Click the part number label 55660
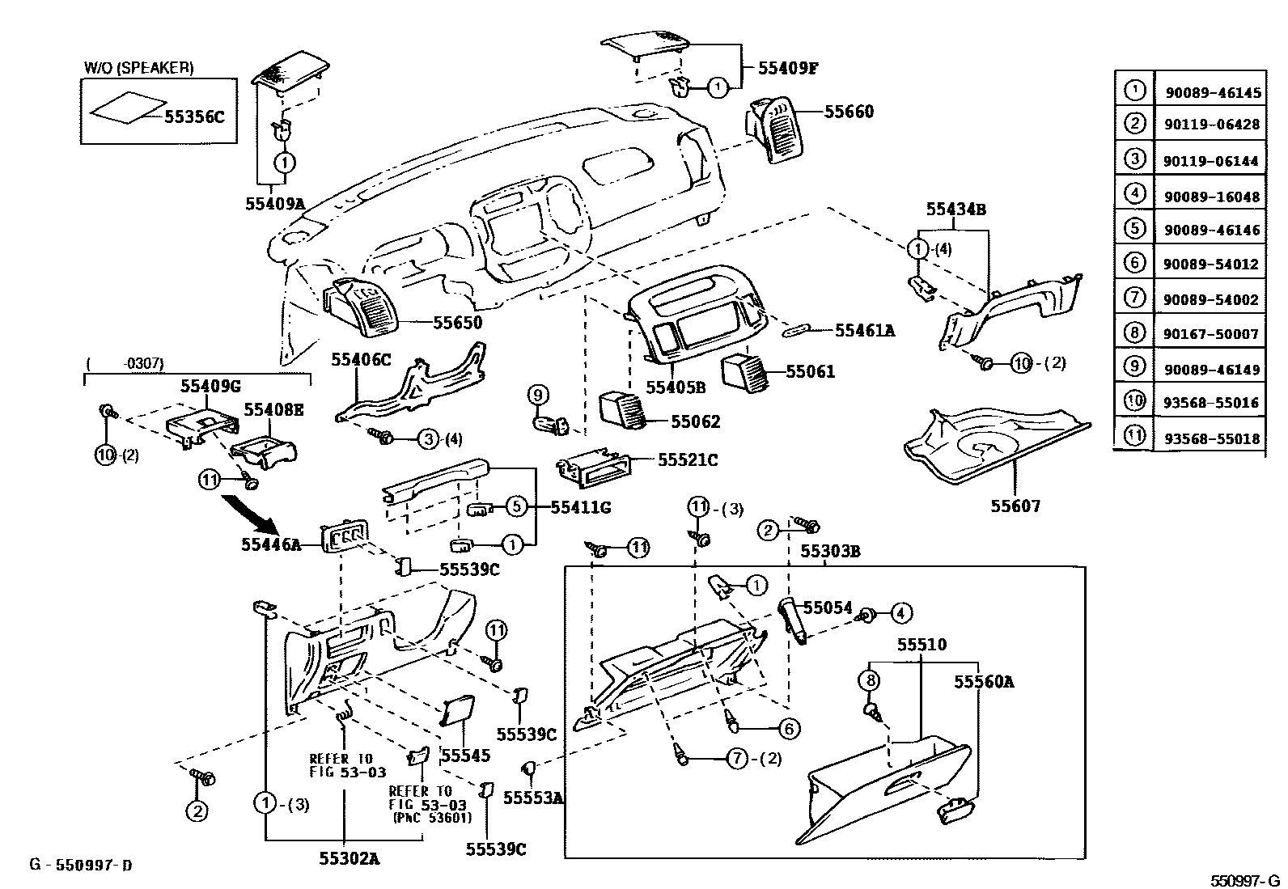coord(849,112)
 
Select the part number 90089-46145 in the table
coord(1212,93)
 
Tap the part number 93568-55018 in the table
coord(1212,438)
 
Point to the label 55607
coord(1016,506)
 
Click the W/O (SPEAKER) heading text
coord(138,68)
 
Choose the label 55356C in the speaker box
coord(193,116)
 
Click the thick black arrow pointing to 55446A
coord(250,513)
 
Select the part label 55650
coord(457,323)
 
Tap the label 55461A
coord(865,330)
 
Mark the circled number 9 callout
coord(538,396)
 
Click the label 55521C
coord(688,459)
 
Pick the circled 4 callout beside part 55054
coord(901,614)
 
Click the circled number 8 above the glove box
coord(871,681)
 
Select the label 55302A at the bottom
coord(345,858)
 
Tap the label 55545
coord(465,756)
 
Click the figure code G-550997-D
coord(81,866)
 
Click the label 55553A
coord(532,798)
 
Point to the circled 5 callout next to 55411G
coord(517,507)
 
